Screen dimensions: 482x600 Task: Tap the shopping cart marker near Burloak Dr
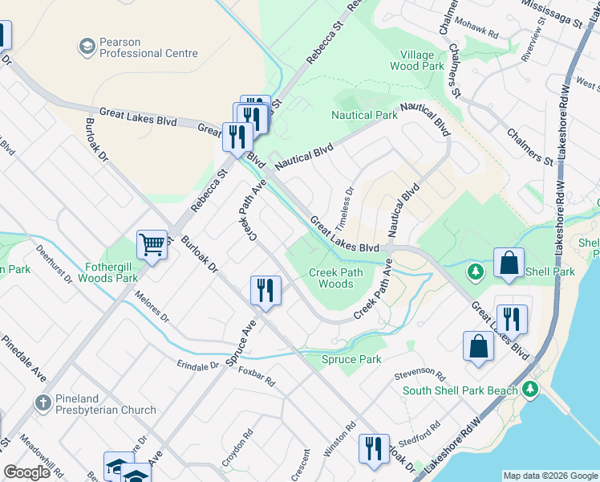click(152, 243)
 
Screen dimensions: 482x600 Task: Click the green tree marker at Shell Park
click(475, 272)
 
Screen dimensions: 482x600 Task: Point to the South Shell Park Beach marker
click(529, 390)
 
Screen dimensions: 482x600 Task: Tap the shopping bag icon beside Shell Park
click(509, 263)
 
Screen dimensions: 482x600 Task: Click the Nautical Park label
click(364, 115)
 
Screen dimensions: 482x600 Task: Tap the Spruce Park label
click(351, 359)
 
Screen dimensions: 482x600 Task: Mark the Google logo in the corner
click(26, 472)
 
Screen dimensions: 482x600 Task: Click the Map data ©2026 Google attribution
click(550, 476)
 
